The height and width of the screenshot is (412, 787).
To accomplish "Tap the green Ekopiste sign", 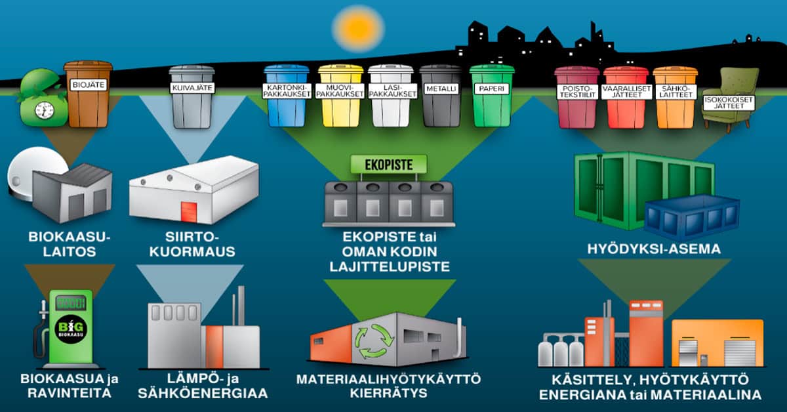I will [389, 165].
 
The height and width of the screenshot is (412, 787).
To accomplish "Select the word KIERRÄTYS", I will [388, 394].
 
